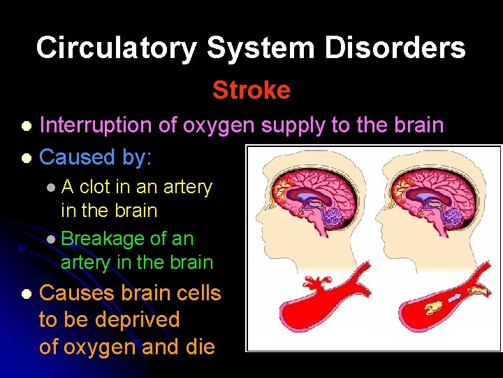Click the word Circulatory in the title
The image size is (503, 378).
coord(117,48)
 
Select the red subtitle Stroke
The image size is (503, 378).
coord(251,90)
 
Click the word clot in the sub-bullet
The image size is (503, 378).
coord(96,187)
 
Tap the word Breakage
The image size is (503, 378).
coord(103,239)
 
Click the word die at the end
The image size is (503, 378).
coord(198,346)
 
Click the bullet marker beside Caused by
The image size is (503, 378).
coord(27,157)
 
